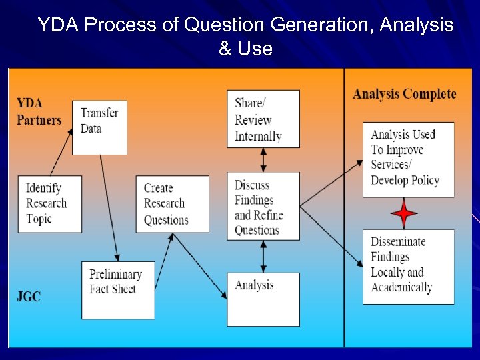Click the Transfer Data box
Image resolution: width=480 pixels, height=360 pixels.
click(x=99, y=127)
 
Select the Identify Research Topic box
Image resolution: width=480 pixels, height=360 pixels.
click(x=50, y=204)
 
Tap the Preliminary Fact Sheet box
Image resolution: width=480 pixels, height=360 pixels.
click(x=118, y=289)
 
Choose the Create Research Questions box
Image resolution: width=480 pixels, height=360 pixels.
click(x=172, y=204)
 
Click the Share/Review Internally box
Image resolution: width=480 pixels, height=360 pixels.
click(x=263, y=119)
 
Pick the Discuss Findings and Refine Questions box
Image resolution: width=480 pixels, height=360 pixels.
click(x=263, y=206)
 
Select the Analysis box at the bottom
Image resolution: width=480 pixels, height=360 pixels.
click(x=263, y=299)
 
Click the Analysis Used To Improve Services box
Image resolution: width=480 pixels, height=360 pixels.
click(x=408, y=159)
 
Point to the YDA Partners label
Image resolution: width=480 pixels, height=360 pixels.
click(x=39, y=112)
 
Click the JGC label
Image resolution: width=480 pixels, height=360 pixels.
click(x=29, y=296)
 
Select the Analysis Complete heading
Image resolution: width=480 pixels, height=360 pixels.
click(x=404, y=94)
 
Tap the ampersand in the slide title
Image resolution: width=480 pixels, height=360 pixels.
click(x=224, y=49)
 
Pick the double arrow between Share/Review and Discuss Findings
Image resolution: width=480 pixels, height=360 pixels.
click(x=263, y=160)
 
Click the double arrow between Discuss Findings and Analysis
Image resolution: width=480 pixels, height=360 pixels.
click(x=263, y=256)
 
